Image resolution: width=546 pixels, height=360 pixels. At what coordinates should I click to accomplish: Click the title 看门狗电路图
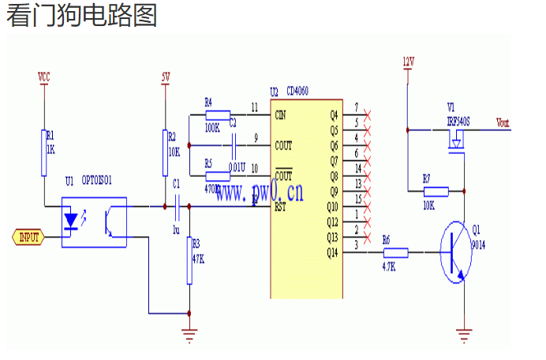(81, 16)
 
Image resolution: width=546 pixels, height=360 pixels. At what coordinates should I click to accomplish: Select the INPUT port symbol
(28, 236)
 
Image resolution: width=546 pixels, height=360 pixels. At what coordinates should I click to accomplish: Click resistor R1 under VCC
(45, 152)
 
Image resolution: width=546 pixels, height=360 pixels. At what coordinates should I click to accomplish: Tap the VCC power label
(44, 76)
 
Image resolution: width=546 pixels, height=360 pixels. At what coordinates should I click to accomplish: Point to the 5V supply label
(165, 77)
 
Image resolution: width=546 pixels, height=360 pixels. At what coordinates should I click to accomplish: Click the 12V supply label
(407, 61)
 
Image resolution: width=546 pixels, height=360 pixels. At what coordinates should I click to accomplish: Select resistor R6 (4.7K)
(395, 253)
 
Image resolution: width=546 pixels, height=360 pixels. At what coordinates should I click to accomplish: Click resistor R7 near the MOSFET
(435, 190)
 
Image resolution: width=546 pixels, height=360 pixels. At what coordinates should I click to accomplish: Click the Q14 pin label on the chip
(331, 253)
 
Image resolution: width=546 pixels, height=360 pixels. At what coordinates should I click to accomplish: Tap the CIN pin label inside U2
(282, 115)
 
